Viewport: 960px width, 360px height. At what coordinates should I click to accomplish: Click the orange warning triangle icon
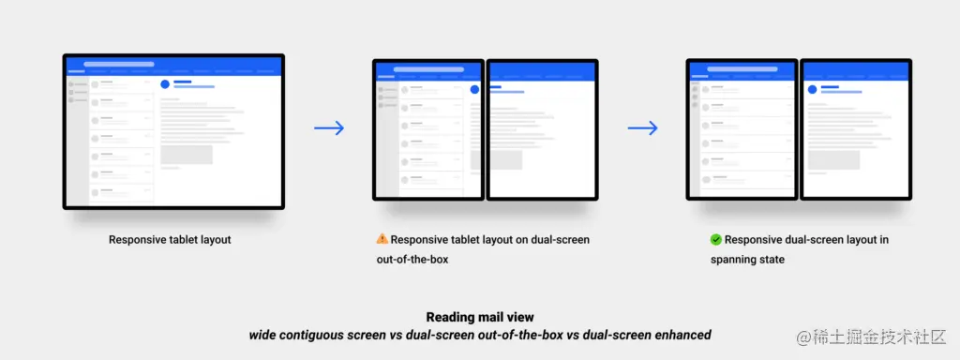coord(382,239)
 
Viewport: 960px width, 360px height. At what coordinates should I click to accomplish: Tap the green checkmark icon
coord(715,239)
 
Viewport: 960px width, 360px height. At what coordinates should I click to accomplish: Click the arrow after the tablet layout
coord(329,127)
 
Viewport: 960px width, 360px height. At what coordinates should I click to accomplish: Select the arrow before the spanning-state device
coord(643,127)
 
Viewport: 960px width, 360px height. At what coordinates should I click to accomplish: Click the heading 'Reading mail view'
coord(480,317)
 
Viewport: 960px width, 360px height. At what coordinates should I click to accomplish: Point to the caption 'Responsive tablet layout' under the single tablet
coord(171,239)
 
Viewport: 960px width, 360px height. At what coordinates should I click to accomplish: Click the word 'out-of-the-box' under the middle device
coord(412,260)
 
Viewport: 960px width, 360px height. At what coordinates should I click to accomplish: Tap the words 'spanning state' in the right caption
coord(747,260)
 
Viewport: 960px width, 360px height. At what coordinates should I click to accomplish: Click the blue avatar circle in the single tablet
coord(165,83)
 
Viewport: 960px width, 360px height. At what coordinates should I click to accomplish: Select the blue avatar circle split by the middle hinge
coord(474,89)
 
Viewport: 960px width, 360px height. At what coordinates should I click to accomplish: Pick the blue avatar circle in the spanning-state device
coord(813,89)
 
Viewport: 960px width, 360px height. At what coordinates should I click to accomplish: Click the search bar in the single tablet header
coord(119,64)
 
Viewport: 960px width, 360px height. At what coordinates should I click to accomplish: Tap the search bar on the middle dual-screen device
coord(428,69)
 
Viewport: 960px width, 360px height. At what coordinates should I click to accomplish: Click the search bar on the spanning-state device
coord(742,69)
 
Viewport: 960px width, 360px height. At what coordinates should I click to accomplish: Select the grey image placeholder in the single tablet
coord(187,155)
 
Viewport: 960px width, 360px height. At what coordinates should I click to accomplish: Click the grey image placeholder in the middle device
coord(497,159)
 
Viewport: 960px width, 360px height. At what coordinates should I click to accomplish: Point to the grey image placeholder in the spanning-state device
coord(833,159)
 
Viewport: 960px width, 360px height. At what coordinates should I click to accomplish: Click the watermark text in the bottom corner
coord(872,337)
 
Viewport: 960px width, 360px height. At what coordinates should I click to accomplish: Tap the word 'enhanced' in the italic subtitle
coord(684,335)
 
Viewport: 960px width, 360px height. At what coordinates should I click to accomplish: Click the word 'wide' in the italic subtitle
coord(260,335)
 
